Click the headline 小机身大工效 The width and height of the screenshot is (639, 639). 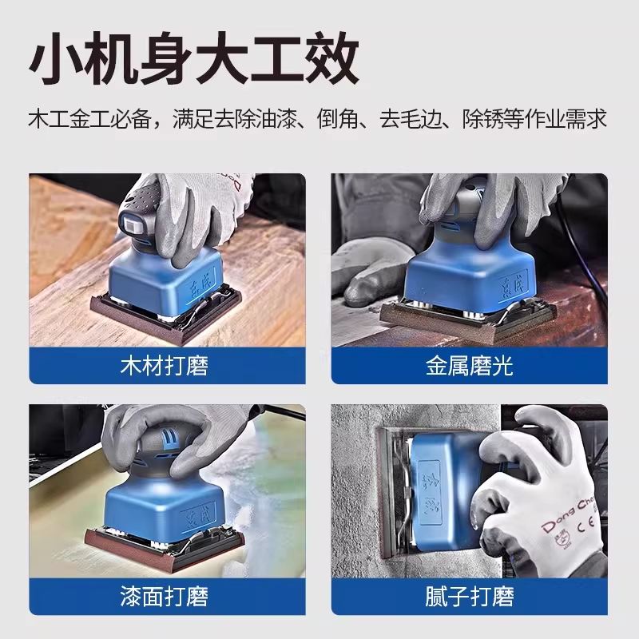point(194,58)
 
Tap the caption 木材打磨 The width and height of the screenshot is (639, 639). point(165,366)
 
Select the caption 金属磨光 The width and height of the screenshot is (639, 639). point(469,366)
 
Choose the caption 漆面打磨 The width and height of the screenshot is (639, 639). point(165,596)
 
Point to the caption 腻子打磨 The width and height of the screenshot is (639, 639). point(469,596)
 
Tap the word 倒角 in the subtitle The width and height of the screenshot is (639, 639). point(338,119)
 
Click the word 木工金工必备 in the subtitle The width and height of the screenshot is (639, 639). point(90,119)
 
